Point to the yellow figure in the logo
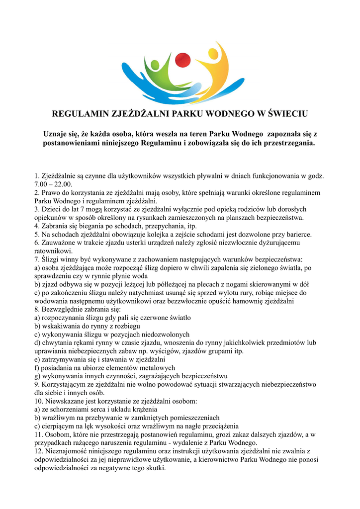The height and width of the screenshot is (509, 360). tap(211, 67)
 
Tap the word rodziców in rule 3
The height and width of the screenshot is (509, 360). tap(242, 209)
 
